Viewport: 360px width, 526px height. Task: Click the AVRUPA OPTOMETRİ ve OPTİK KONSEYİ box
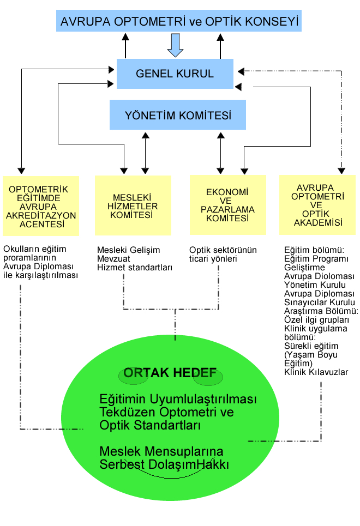tap(179, 21)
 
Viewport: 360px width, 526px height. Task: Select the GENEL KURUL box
tap(175, 74)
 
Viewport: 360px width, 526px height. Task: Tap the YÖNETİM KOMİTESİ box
tap(178, 114)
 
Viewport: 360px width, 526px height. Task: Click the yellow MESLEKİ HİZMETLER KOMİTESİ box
tap(133, 205)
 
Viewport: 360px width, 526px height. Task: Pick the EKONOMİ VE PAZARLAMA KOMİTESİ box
tap(227, 204)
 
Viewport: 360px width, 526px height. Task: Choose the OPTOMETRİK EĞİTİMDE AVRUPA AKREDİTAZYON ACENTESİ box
tap(41, 206)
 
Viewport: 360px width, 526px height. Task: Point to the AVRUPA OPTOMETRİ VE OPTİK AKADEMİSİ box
tap(317, 204)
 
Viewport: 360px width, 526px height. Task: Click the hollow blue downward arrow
tap(175, 45)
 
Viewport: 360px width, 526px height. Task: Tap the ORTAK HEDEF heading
tap(170, 373)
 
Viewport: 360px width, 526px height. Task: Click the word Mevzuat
tap(113, 258)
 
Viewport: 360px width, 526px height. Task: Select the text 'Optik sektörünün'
tap(223, 250)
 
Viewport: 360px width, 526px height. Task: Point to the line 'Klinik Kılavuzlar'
tap(316, 372)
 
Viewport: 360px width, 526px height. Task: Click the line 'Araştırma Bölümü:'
tap(321, 311)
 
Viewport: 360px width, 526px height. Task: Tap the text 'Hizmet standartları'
tap(135, 268)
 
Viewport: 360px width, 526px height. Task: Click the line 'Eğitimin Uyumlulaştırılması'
tap(178, 399)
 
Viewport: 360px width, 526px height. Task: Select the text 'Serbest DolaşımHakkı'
tap(164, 464)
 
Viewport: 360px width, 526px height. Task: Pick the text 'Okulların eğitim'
tap(34, 249)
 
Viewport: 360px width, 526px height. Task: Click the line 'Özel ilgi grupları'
tap(316, 320)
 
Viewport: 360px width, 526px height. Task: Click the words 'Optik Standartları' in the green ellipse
tap(150, 425)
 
